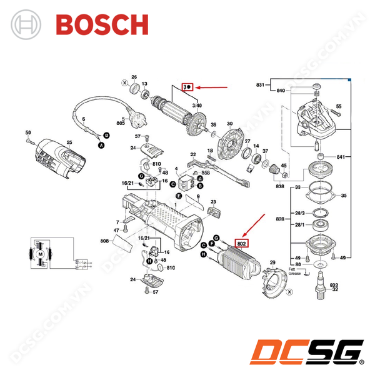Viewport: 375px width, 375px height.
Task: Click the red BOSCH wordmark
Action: coord(102,24)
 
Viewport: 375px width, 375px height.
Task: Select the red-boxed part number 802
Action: coord(242,242)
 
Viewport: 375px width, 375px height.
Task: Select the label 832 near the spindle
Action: coord(334,284)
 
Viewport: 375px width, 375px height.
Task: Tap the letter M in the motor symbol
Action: coord(39,254)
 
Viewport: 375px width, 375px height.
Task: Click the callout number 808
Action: coord(104,241)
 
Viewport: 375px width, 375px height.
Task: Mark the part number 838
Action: coord(279,186)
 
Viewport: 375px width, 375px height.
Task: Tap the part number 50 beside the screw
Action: coord(28,132)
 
